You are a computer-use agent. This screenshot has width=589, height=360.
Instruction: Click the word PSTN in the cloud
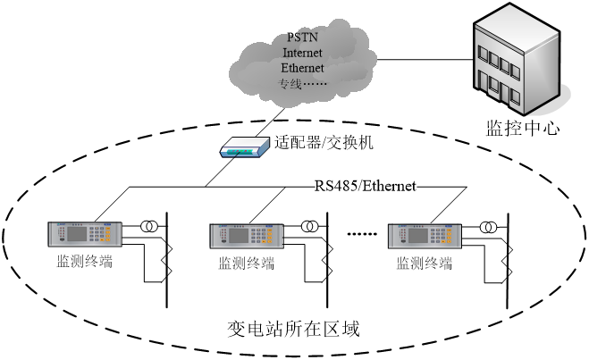click(x=303, y=38)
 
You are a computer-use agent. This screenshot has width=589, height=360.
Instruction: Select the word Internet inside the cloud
click(x=302, y=53)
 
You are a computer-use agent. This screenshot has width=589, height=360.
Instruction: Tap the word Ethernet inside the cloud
click(x=302, y=68)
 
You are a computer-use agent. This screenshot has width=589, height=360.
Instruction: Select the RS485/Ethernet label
click(x=366, y=186)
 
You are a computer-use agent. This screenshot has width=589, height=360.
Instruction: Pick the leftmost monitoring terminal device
click(x=84, y=233)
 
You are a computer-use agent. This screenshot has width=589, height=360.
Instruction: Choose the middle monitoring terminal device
click(x=246, y=235)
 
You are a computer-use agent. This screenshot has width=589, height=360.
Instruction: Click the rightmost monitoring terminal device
click(x=425, y=235)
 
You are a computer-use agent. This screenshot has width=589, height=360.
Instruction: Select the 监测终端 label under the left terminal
click(x=85, y=262)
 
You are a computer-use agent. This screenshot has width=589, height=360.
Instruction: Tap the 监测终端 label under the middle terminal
click(x=247, y=264)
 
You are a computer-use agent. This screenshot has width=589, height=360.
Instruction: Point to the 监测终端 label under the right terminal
click(x=425, y=264)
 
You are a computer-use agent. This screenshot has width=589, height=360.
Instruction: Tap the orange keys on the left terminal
click(x=106, y=234)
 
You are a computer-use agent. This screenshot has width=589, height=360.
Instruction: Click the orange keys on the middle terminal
click(x=267, y=236)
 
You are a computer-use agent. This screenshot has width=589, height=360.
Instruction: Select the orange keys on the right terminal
click(x=446, y=236)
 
